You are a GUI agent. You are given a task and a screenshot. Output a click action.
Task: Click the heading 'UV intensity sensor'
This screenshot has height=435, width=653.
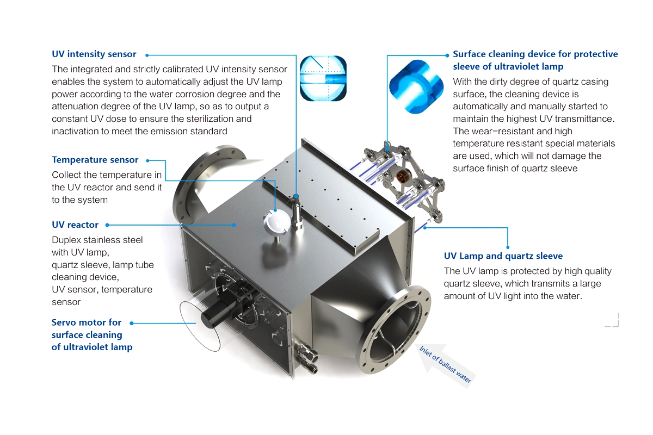pos(94,54)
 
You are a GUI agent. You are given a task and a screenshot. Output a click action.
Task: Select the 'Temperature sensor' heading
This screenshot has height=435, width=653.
pos(95,160)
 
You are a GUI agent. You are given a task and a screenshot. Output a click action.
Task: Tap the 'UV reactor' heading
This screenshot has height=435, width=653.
pos(75,225)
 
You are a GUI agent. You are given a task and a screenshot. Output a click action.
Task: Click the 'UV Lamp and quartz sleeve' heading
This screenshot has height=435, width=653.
pos(503,256)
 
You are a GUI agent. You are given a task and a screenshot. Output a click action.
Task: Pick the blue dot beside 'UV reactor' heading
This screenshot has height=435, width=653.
pos(107,225)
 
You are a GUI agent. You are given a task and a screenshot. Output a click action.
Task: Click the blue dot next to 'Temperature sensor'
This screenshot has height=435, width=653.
pos(147,160)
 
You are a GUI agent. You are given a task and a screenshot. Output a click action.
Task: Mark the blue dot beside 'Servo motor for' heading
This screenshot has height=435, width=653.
pos(131,323)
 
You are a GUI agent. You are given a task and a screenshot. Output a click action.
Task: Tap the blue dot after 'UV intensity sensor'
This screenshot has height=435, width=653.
pos(147,55)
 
